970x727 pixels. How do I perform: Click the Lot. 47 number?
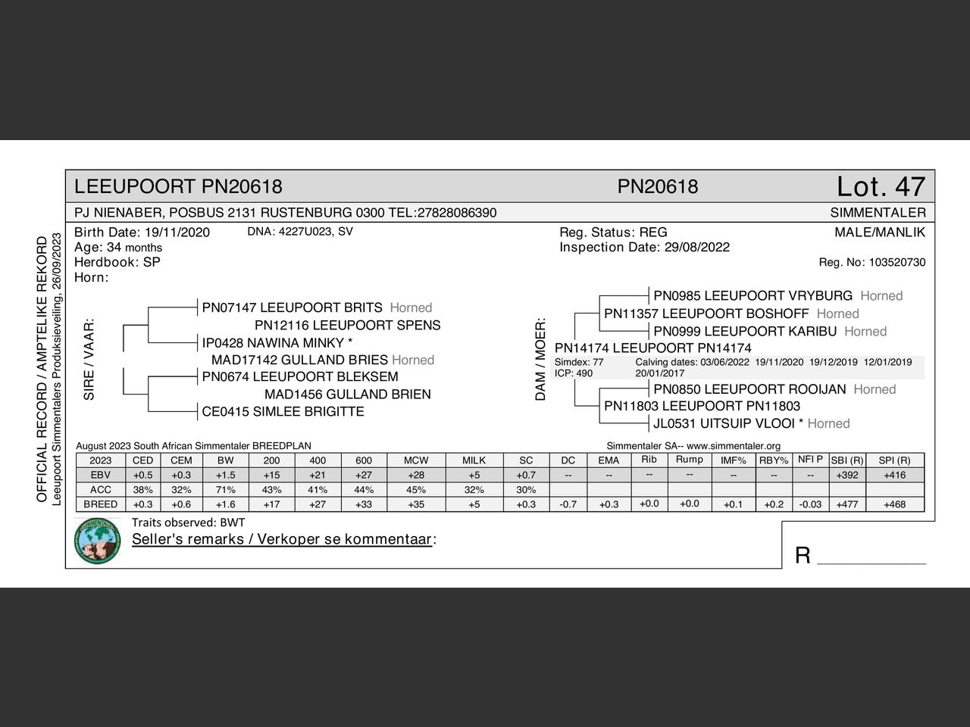(881, 186)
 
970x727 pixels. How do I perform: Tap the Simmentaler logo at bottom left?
(97, 541)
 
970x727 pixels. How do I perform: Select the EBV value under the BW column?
(225, 475)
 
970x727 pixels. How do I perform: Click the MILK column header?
(474, 460)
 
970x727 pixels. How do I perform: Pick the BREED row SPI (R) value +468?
(894, 504)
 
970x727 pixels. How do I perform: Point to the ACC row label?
(100, 489)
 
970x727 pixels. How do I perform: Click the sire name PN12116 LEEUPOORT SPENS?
(347, 325)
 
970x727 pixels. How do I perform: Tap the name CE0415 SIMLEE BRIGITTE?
(283, 411)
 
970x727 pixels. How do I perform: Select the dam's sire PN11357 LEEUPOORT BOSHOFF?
(706, 314)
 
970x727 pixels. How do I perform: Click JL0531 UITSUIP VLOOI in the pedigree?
(724, 423)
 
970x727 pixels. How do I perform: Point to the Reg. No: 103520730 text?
(871, 263)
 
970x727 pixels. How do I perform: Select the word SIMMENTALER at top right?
(878, 213)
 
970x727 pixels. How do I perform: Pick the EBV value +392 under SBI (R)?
(846, 475)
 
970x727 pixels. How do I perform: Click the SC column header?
(526, 460)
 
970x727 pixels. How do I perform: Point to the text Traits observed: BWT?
(188, 523)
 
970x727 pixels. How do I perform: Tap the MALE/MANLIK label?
(879, 232)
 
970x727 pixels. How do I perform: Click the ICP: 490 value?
(574, 373)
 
